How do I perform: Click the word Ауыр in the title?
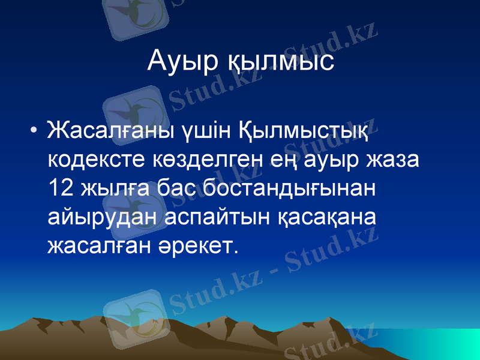point(182,62)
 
